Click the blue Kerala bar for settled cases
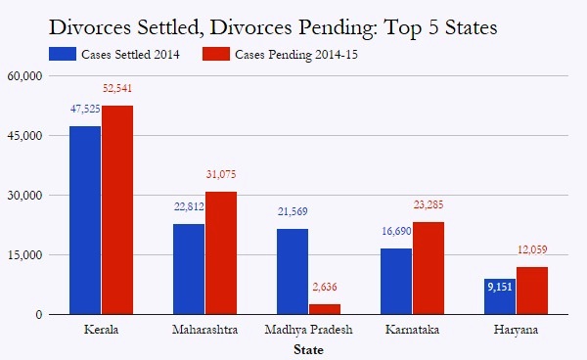[x=84, y=220]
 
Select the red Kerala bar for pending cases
[x=117, y=210]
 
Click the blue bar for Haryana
[x=499, y=296]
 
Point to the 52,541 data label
[x=117, y=89]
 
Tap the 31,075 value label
[x=222, y=175]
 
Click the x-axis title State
[x=309, y=348]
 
